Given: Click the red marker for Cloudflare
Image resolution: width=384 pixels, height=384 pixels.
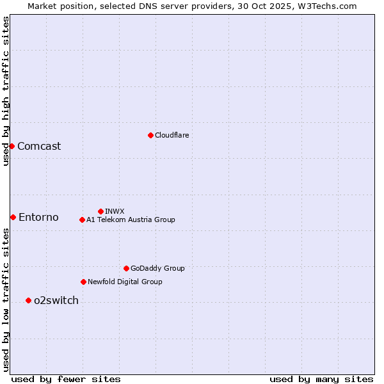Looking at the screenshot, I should click(x=150, y=135).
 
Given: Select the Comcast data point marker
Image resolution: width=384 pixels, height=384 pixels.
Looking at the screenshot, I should click(x=12, y=146).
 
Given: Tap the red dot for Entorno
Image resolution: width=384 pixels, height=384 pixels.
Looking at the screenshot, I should click(x=13, y=217).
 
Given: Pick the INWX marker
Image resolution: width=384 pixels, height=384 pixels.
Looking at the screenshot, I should click(x=100, y=211).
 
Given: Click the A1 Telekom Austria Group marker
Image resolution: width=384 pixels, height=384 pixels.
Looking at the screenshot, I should click(x=82, y=220).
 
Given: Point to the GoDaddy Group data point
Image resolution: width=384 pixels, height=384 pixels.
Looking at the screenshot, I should click(x=126, y=268).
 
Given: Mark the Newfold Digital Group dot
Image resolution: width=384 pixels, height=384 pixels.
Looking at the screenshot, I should click(x=83, y=282).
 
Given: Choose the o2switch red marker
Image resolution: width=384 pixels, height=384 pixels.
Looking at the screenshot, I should click(x=28, y=300).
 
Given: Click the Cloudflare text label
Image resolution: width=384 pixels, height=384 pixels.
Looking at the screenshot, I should click(x=172, y=135).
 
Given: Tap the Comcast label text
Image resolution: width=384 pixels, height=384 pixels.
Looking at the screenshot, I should click(x=39, y=146).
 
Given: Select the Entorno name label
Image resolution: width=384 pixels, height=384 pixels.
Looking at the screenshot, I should click(x=38, y=217).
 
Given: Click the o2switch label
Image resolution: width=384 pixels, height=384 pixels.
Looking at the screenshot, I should click(x=56, y=300).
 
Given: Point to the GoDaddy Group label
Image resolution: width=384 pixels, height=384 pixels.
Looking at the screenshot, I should click(x=157, y=268).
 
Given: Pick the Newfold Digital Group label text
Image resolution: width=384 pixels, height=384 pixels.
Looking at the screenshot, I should click(x=125, y=282).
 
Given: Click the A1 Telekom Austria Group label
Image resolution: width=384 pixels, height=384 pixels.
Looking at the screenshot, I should click(x=131, y=220).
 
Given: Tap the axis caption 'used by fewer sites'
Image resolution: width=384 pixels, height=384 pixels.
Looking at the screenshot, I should click(x=66, y=379).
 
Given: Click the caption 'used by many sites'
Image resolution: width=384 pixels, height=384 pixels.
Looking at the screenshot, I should click(x=321, y=379).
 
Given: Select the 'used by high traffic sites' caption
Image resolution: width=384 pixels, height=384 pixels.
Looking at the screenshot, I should click(x=6, y=91).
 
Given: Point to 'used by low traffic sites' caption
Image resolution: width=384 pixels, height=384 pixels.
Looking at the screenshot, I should click(x=6, y=300).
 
